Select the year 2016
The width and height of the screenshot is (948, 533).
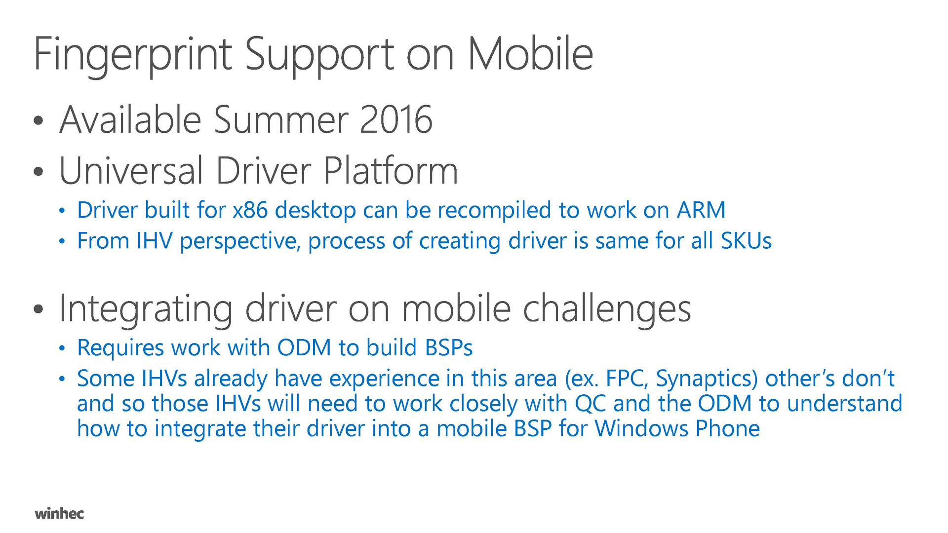pyautogui.click(x=396, y=120)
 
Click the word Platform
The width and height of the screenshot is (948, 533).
pyautogui.click(x=391, y=170)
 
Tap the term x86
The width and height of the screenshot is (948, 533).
pyautogui.click(x=250, y=210)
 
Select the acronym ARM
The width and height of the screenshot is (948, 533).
pyautogui.click(x=701, y=210)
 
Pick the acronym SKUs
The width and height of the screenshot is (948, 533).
pyautogui.click(x=746, y=241)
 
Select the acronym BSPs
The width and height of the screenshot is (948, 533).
pyautogui.click(x=449, y=348)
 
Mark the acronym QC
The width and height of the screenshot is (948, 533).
pyautogui.click(x=591, y=404)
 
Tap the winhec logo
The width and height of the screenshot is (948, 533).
pyautogui.click(x=59, y=513)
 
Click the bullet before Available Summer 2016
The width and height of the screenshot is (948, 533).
pyautogui.click(x=39, y=121)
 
